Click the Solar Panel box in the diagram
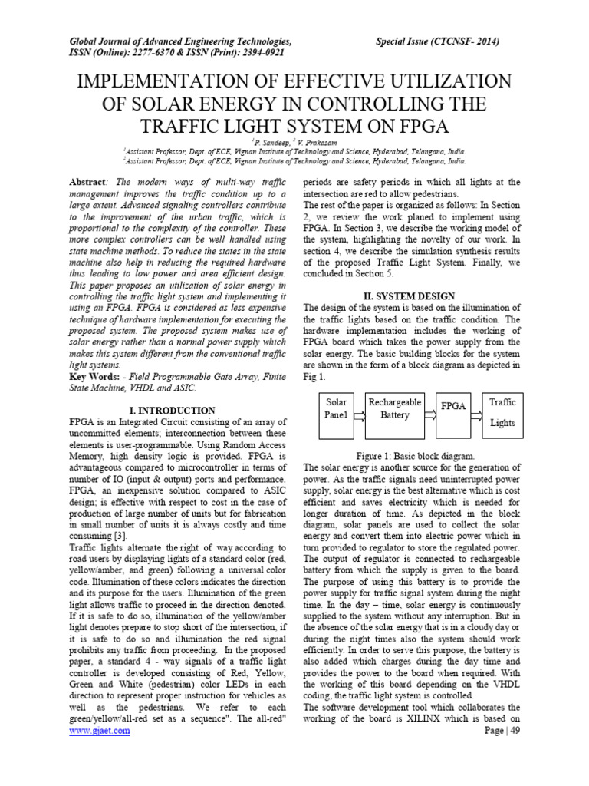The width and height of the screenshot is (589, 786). (337, 413)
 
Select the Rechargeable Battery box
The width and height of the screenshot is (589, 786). (394, 413)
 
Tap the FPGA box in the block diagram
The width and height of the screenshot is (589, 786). (453, 407)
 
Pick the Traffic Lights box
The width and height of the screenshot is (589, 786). (502, 413)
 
